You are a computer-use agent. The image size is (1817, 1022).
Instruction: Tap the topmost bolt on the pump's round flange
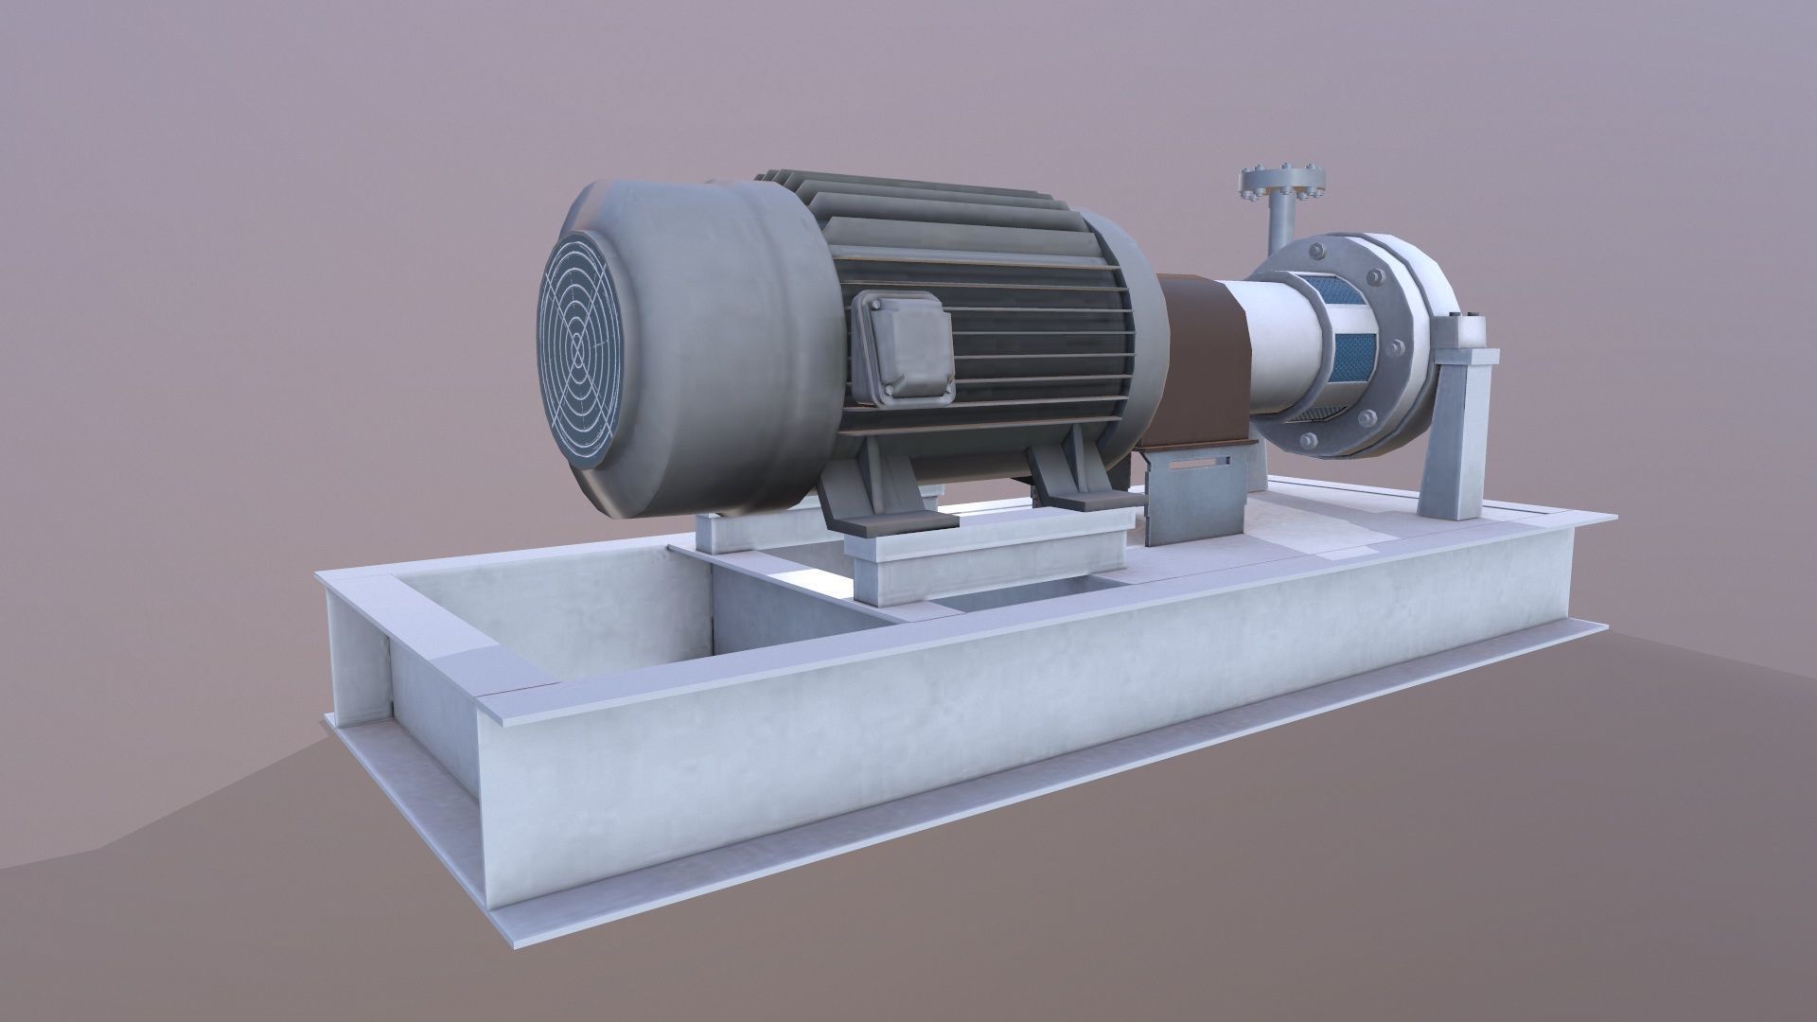1315,251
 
